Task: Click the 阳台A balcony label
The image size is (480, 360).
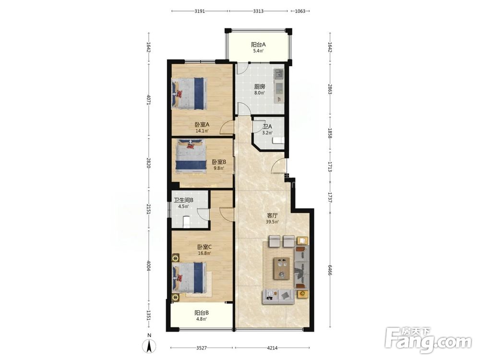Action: pos(258,44)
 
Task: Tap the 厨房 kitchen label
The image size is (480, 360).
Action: pos(259,86)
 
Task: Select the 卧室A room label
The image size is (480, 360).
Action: pos(202,125)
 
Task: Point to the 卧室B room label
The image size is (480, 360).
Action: pos(219,162)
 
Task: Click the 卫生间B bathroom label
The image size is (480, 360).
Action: pos(183,201)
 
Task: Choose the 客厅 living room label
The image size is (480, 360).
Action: pos(272,216)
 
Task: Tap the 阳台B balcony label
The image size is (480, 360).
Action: pos(202,313)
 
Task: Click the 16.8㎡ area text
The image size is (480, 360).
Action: pos(204,253)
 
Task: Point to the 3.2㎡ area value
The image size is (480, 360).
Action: pos(267,133)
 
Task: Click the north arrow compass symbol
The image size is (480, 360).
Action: pos(149,346)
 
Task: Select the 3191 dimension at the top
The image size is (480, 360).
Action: pos(200,12)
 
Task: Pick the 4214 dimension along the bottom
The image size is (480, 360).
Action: pos(273,348)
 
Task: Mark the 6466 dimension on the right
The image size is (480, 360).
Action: pos(330,270)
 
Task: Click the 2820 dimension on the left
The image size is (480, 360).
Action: pos(148,163)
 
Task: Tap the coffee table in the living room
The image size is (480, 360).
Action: pos(282,268)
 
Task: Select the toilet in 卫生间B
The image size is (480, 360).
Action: pos(185,222)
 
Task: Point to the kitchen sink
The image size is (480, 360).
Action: pos(279,74)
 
